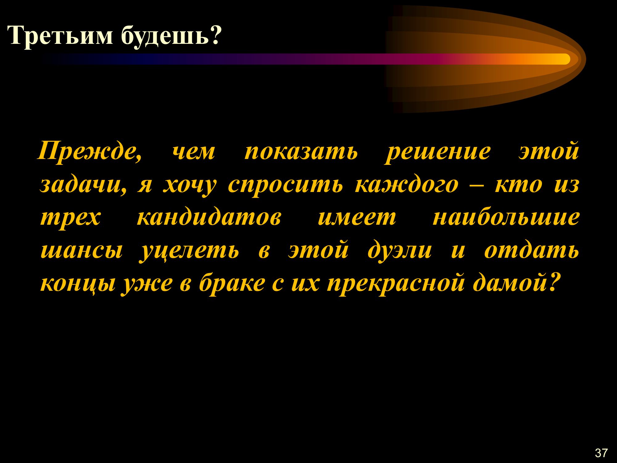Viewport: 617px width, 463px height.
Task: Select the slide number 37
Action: click(601, 453)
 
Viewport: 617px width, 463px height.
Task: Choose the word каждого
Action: click(406, 185)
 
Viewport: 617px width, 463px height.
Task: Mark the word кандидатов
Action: click(209, 217)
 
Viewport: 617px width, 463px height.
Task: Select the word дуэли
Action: click(400, 250)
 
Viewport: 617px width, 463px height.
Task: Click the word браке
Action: click(232, 283)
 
